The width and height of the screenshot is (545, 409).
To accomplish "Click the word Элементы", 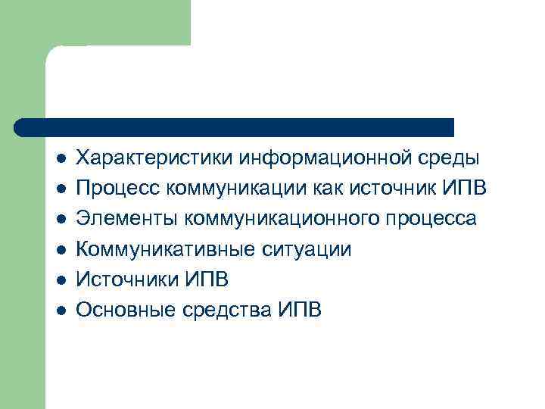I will pyautogui.click(x=126, y=220).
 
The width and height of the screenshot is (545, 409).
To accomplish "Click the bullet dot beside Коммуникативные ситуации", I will pyautogui.click(x=61, y=250).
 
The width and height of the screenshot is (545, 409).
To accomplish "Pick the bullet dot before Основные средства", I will pyautogui.click(x=61, y=310).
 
